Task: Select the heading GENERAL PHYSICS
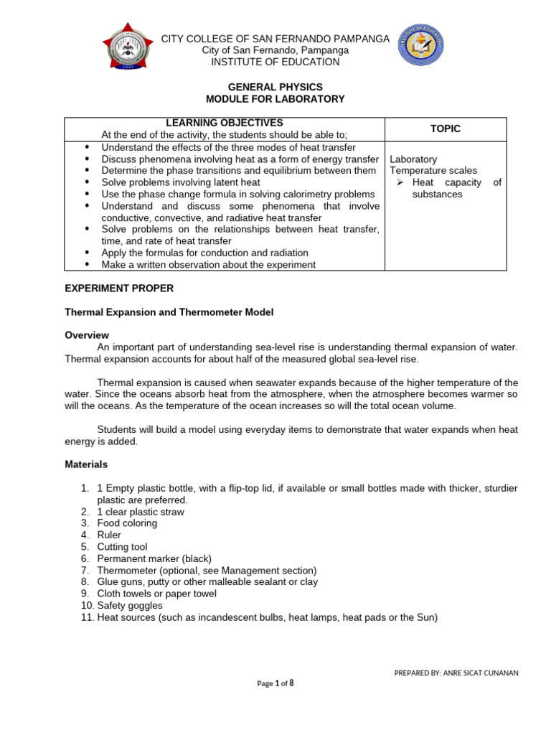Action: point(275,87)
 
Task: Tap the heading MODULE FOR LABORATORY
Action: point(275,99)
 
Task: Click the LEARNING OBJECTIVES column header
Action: point(225,123)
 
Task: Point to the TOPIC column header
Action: point(446,128)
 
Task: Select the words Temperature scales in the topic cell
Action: point(433,171)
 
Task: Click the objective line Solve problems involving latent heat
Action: point(180,182)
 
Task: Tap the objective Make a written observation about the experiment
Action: point(208,264)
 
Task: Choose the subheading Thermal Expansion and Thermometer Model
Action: point(169,312)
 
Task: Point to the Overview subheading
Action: point(87,335)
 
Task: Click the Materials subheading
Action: point(86,464)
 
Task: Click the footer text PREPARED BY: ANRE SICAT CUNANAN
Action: point(456,673)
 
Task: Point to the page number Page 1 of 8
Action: point(275,684)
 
